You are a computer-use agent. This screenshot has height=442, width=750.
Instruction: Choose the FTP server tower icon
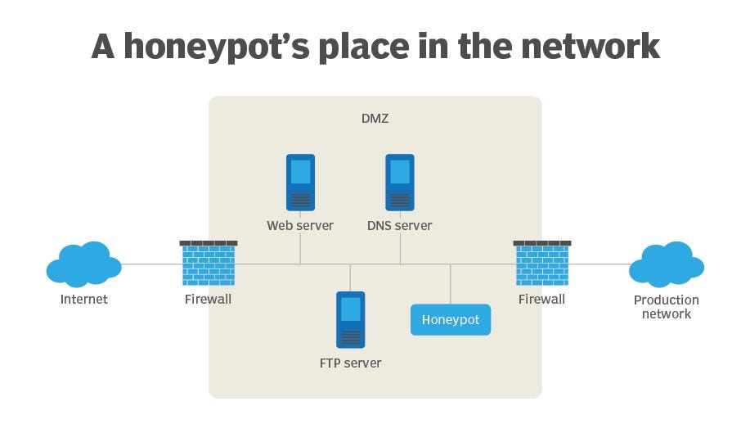350,319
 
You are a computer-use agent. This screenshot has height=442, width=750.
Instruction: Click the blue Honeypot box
451,319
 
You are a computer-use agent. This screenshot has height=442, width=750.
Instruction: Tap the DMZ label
375,119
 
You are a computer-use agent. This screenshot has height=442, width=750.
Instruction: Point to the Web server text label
300,225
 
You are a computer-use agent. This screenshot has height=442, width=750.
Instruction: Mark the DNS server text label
400,225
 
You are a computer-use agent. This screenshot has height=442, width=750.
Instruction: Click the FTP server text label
350,363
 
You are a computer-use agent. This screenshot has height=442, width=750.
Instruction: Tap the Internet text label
83,300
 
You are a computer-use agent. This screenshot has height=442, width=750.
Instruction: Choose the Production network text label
666,307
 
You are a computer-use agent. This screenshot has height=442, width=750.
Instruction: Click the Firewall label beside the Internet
208,300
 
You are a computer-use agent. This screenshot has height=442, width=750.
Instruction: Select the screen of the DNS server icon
400,172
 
